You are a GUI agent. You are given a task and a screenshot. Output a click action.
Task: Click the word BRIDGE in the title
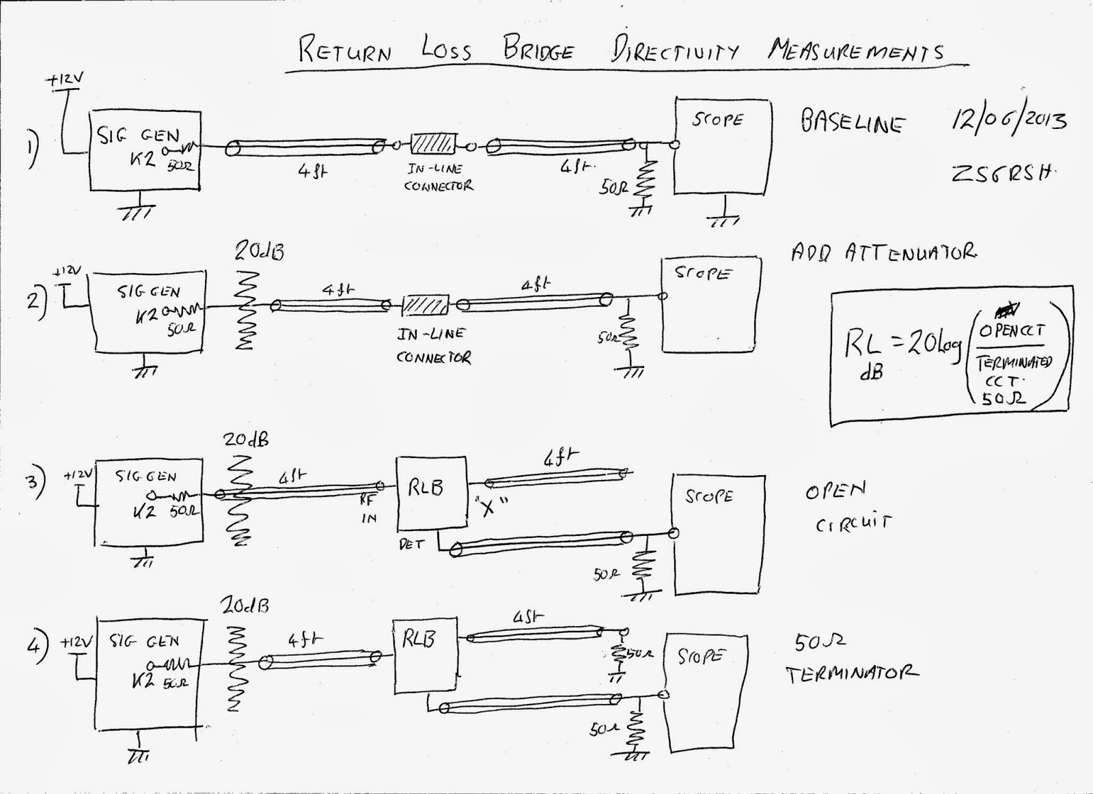[x=539, y=50]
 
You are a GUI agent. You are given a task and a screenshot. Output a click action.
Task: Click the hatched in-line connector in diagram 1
[x=432, y=144]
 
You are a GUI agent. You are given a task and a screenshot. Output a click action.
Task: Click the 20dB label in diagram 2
[x=260, y=251]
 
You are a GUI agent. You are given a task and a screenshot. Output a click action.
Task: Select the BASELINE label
[x=853, y=124]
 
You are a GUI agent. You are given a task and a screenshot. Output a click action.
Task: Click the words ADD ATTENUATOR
[x=884, y=253]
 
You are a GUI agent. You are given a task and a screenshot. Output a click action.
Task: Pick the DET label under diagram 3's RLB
[x=411, y=544]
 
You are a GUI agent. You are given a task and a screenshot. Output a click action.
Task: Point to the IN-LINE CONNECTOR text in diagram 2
[x=433, y=345]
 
